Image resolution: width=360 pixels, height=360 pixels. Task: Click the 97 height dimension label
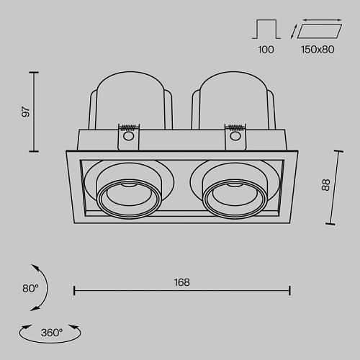(26, 112)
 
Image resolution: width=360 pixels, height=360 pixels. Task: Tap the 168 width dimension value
(182, 282)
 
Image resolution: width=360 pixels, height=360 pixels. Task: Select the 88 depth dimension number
(325, 185)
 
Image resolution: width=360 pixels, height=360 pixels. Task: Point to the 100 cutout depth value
(266, 50)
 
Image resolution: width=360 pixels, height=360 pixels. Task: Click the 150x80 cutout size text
(318, 50)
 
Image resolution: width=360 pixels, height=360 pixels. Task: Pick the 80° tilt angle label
(30, 288)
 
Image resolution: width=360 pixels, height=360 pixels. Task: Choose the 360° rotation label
(52, 333)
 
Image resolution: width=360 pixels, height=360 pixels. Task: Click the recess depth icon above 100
(266, 30)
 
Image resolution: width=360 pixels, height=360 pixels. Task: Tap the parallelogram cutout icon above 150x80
(320, 31)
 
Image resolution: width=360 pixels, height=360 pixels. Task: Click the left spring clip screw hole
(128, 136)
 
